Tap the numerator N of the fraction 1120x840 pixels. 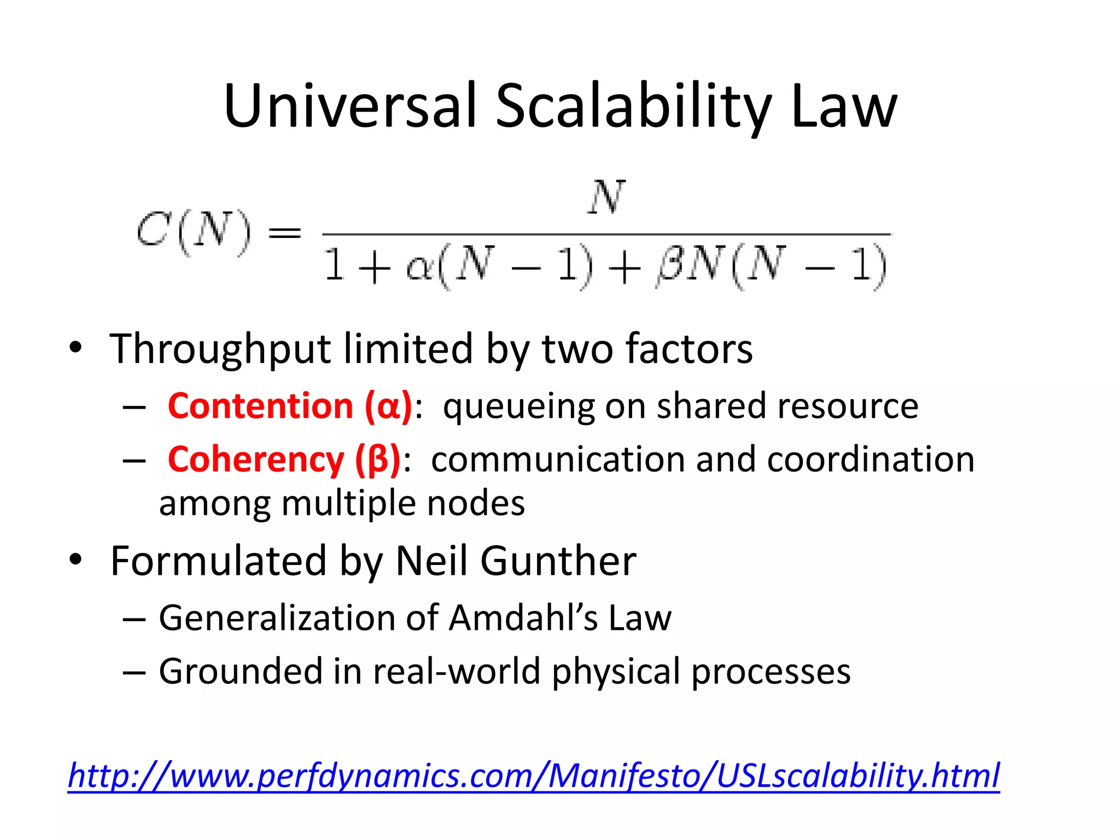(606, 197)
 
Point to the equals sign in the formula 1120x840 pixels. (284, 234)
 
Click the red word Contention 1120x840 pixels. (260, 406)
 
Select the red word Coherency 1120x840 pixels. (255, 459)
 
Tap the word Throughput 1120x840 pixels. (220, 349)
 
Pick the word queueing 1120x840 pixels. (517, 406)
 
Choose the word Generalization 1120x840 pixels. (276, 618)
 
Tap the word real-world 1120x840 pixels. (456, 672)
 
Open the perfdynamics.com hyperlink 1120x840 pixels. (534, 775)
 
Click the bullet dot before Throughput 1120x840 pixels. (75, 347)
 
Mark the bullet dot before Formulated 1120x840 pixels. (75, 559)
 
